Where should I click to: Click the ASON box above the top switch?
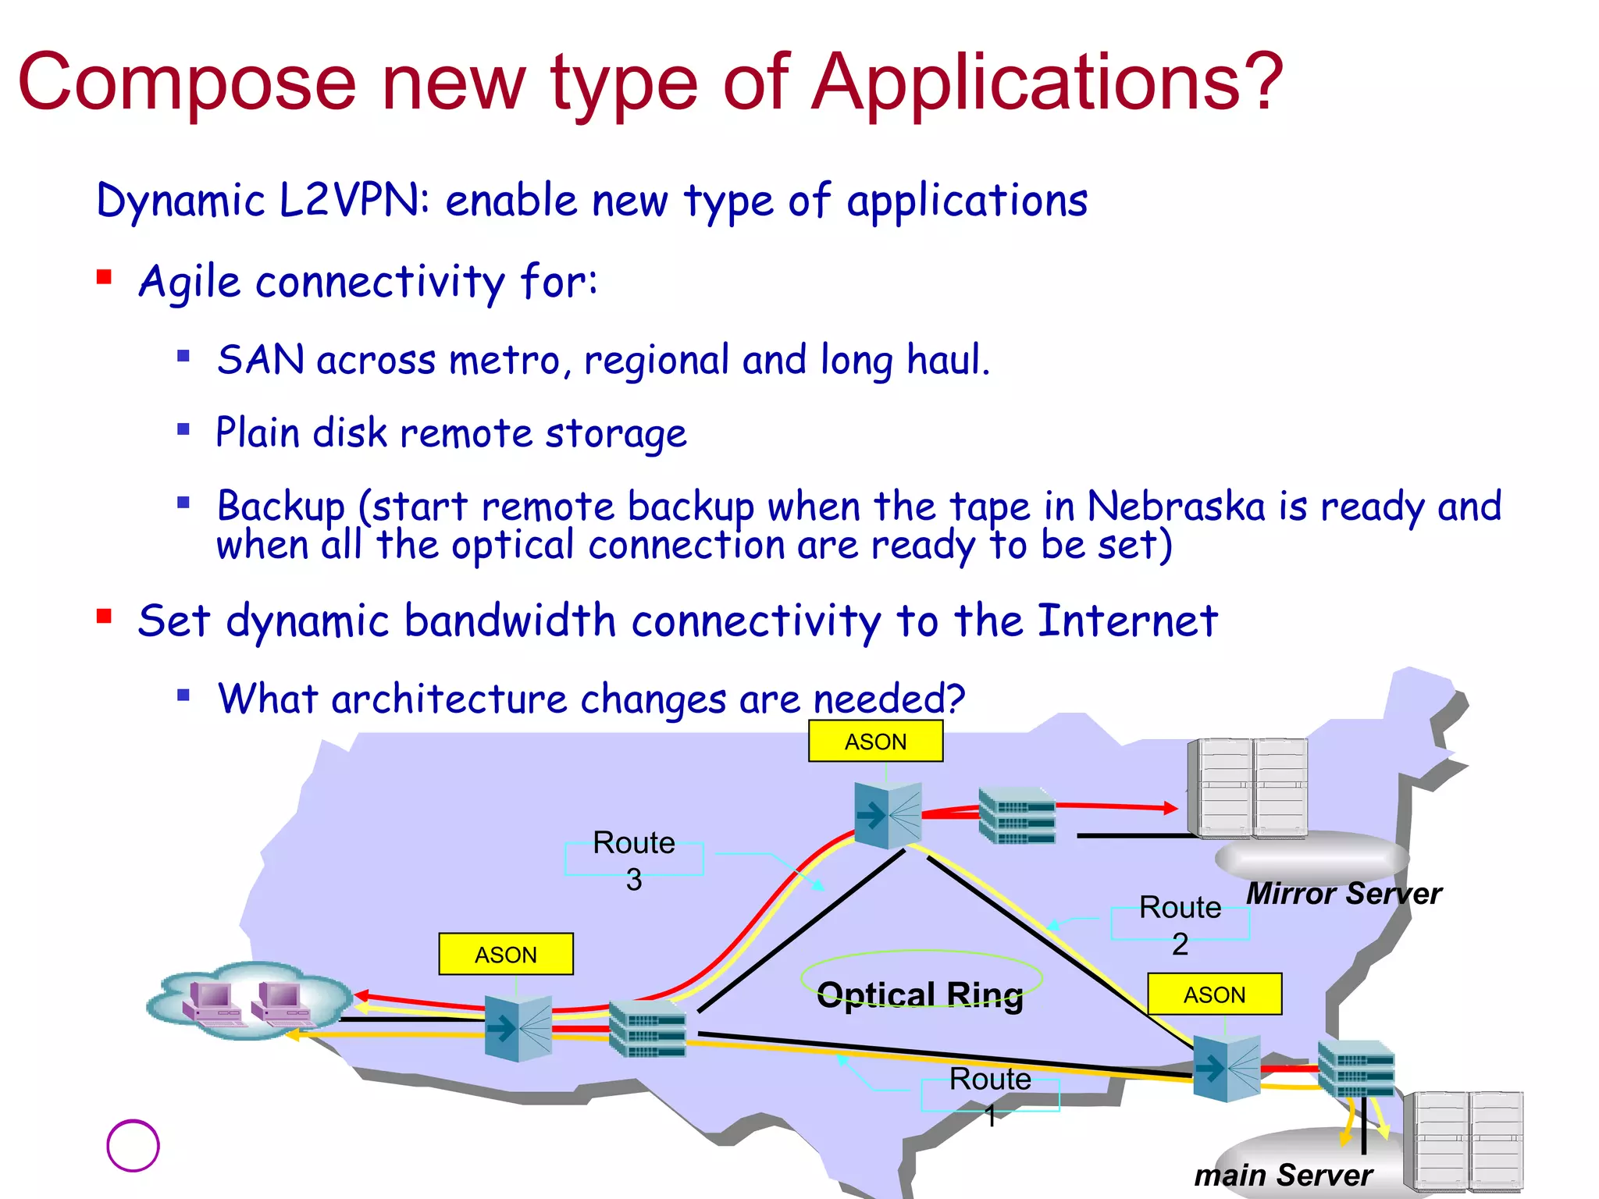(x=875, y=741)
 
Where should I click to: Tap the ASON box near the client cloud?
(x=506, y=954)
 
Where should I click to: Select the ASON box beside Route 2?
(x=1214, y=994)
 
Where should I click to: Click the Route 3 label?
(x=634, y=859)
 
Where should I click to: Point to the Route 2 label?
(x=1180, y=925)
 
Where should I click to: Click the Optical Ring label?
(x=920, y=994)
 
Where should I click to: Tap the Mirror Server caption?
(x=1343, y=893)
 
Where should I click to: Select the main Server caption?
(x=1283, y=1174)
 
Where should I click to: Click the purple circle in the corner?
(x=133, y=1146)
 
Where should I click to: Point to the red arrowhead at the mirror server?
(x=1170, y=808)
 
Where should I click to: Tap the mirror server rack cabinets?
(x=1247, y=787)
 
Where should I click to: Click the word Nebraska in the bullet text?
(x=1176, y=506)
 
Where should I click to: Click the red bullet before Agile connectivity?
(x=105, y=277)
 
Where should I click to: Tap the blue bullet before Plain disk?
(x=183, y=429)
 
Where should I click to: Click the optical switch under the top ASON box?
(x=889, y=815)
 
